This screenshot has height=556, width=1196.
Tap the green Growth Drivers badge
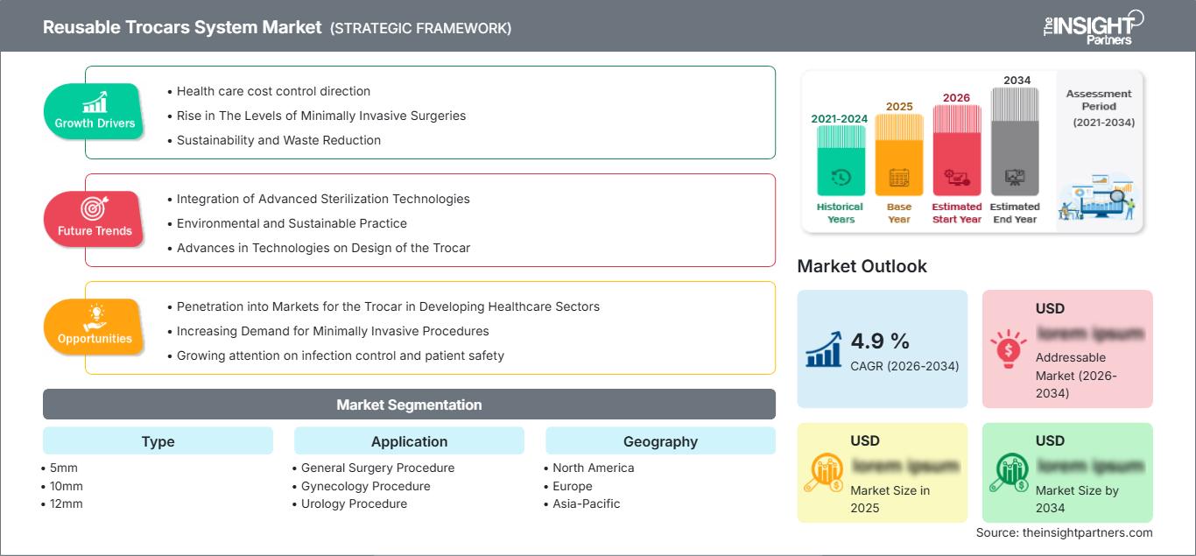(x=94, y=112)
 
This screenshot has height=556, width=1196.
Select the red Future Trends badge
(x=94, y=219)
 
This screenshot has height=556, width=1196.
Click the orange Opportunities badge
(x=94, y=327)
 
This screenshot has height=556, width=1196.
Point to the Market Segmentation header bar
(x=409, y=405)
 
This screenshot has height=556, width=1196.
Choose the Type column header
(x=158, y=441)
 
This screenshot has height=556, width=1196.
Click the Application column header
(x=409, y=441)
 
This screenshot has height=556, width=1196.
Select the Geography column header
(x=660, y=441)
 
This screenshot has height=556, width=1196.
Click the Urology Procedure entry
(x=354, y=503)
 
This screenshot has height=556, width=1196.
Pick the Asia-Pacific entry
(x=586, y=503)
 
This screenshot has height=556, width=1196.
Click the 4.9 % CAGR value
(x=880, y=341)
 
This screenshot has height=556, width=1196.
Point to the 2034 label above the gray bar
(x=1017, y=81)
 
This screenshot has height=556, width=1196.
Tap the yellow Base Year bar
(x=899, y=154)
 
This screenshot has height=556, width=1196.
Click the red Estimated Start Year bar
(x=956, y=149)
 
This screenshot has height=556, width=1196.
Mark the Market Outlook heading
(x=862, y=266)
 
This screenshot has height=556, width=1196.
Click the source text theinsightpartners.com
(x=1064, y=532)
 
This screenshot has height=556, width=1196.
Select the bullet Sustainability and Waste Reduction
(x=278, y=140)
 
